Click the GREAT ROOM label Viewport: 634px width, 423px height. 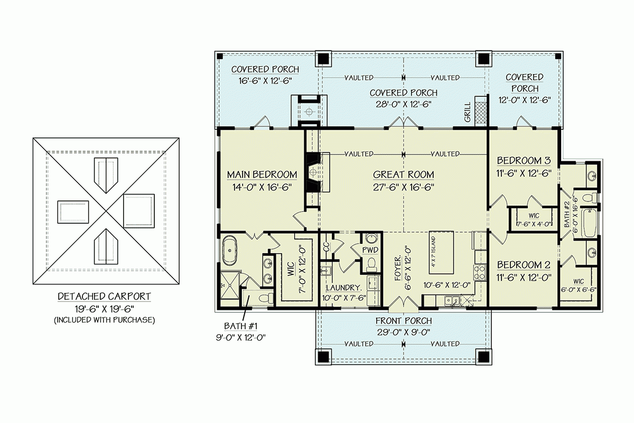tap(403, 174)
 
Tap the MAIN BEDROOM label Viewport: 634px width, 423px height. tap(262, 174)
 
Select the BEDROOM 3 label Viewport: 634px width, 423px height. tap(524, 161)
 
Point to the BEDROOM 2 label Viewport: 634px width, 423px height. tap(524, 265)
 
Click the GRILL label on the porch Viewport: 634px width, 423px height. tap(467, 112)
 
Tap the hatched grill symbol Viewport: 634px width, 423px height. tap(480, 113)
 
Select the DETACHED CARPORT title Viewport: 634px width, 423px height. tap(104, 296)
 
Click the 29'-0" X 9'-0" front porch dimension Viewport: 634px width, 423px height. tap(404, 332)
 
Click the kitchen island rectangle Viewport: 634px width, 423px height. tap(441, 252)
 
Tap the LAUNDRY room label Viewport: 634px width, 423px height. tap(344, 288)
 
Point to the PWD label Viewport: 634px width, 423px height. tap(370, 250)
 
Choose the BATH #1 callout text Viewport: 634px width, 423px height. tap(240, 326)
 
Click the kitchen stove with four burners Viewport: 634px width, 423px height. tap(480, 272)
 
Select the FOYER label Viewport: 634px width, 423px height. tap(398, 268)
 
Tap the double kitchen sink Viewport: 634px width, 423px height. tap(452, 300)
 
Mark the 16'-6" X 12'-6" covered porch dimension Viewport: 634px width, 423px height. tap(265, 81)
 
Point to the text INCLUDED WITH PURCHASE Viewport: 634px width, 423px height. tap(105, 320)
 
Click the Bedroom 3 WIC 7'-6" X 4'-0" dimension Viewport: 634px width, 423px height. tap(534, 224)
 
